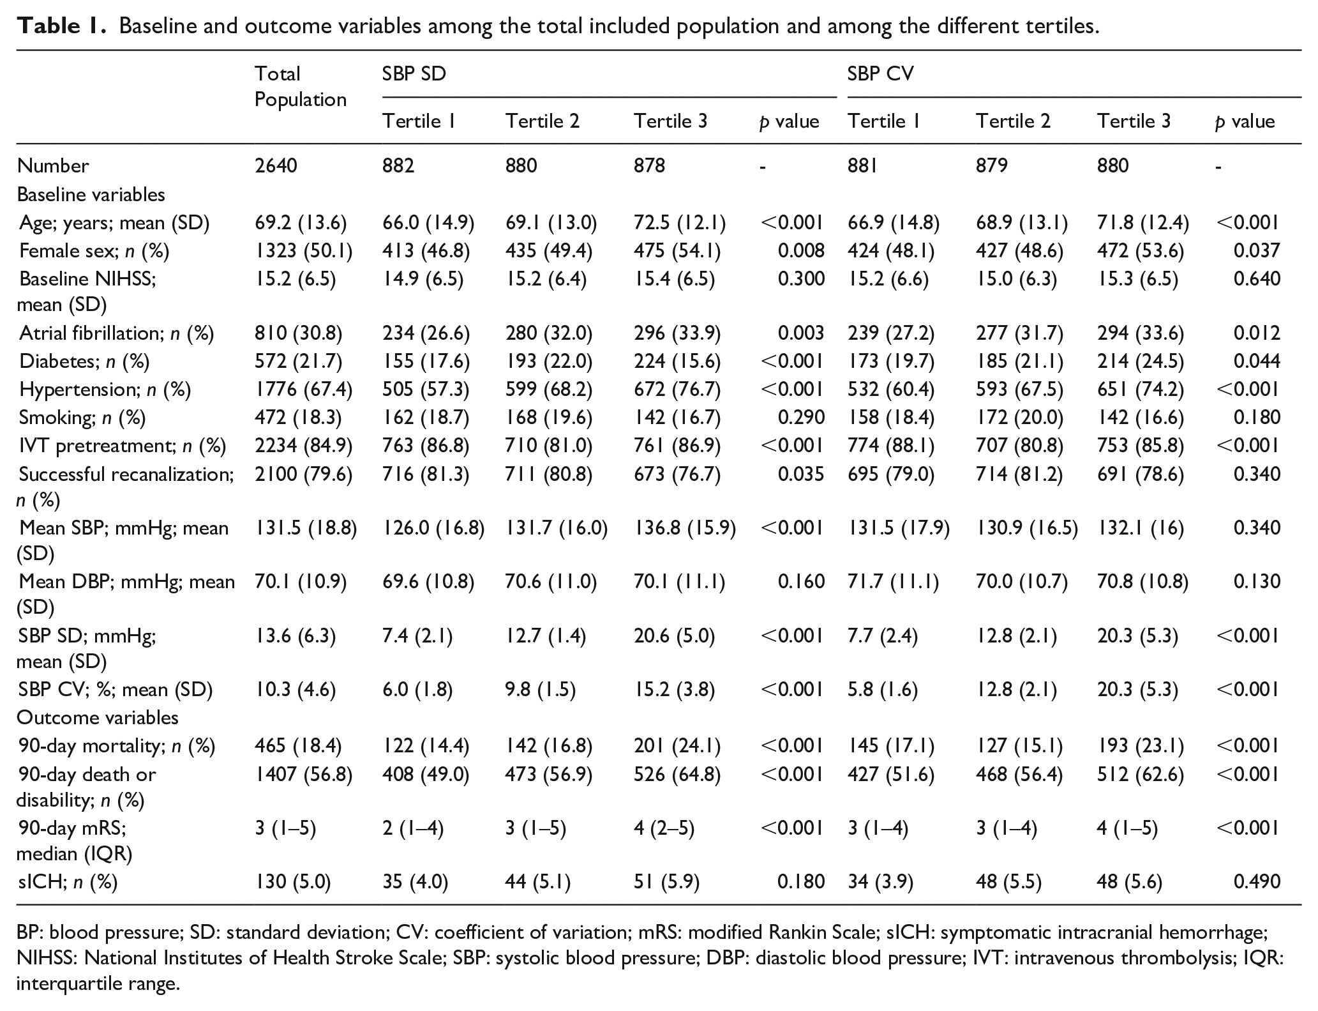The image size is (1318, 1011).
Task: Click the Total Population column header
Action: coord(300,87)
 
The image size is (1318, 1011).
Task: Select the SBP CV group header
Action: coord(880,74)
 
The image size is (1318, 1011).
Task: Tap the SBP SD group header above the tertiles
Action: coord(414,74)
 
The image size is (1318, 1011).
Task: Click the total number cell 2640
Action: coord(276,166)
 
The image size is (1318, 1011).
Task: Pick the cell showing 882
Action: coord(398,166)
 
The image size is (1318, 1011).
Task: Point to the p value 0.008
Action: coord(801,251)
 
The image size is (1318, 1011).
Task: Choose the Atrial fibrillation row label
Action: coord(117,333)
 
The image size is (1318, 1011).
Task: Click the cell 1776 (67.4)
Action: coord(303,389)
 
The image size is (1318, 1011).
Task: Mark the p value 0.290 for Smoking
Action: coord(801,417)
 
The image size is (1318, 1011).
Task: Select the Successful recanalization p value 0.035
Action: coord(801,474)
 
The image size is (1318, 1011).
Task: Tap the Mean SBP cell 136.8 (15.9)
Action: coord(685,528)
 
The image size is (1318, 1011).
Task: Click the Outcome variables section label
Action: coord(98,718)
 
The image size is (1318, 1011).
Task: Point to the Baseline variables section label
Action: coord(91,194)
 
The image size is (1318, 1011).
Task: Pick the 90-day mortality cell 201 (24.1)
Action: coord(677,746)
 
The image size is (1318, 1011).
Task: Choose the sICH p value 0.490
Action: coord(1257,882)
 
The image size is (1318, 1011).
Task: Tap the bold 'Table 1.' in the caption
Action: coord(61,26)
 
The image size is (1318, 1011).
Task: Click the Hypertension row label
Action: coord(105,389)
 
